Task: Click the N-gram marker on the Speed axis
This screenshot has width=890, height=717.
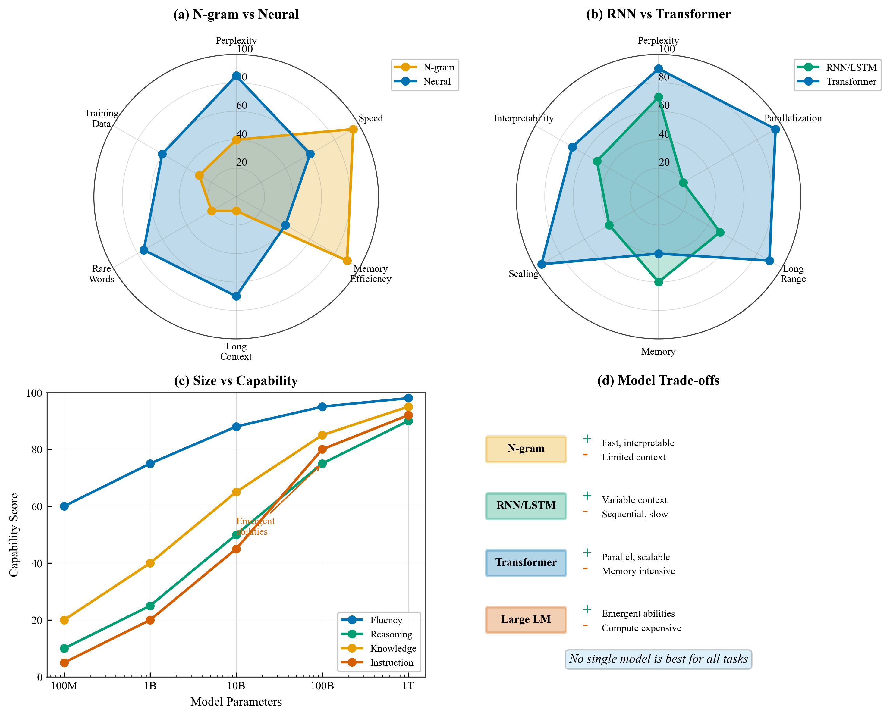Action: coord(353,129)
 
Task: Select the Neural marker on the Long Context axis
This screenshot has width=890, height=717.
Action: coord(236,296)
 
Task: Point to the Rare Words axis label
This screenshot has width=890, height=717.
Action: coord(101,274)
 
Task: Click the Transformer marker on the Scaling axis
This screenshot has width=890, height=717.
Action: coord(541,264)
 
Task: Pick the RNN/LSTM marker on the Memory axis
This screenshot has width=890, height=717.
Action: coord(658,282)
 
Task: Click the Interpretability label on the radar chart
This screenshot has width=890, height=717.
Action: coord(524,118)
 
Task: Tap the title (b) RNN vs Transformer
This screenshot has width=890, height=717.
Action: coord(658,14)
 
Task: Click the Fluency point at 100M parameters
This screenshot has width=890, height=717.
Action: coord(64,506)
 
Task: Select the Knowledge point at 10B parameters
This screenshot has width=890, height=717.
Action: coord(236,492)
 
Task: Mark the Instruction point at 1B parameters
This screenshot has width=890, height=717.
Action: coord(150,620)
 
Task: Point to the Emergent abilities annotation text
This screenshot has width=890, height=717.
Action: coord(255,526)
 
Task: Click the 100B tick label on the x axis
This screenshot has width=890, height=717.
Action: coord(322,686)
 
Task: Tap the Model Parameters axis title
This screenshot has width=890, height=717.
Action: coord(236,702)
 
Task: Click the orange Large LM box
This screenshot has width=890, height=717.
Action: coord(526,619)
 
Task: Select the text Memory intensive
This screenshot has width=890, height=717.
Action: coord(638,571)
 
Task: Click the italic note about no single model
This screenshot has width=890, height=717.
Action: coord(658,659)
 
